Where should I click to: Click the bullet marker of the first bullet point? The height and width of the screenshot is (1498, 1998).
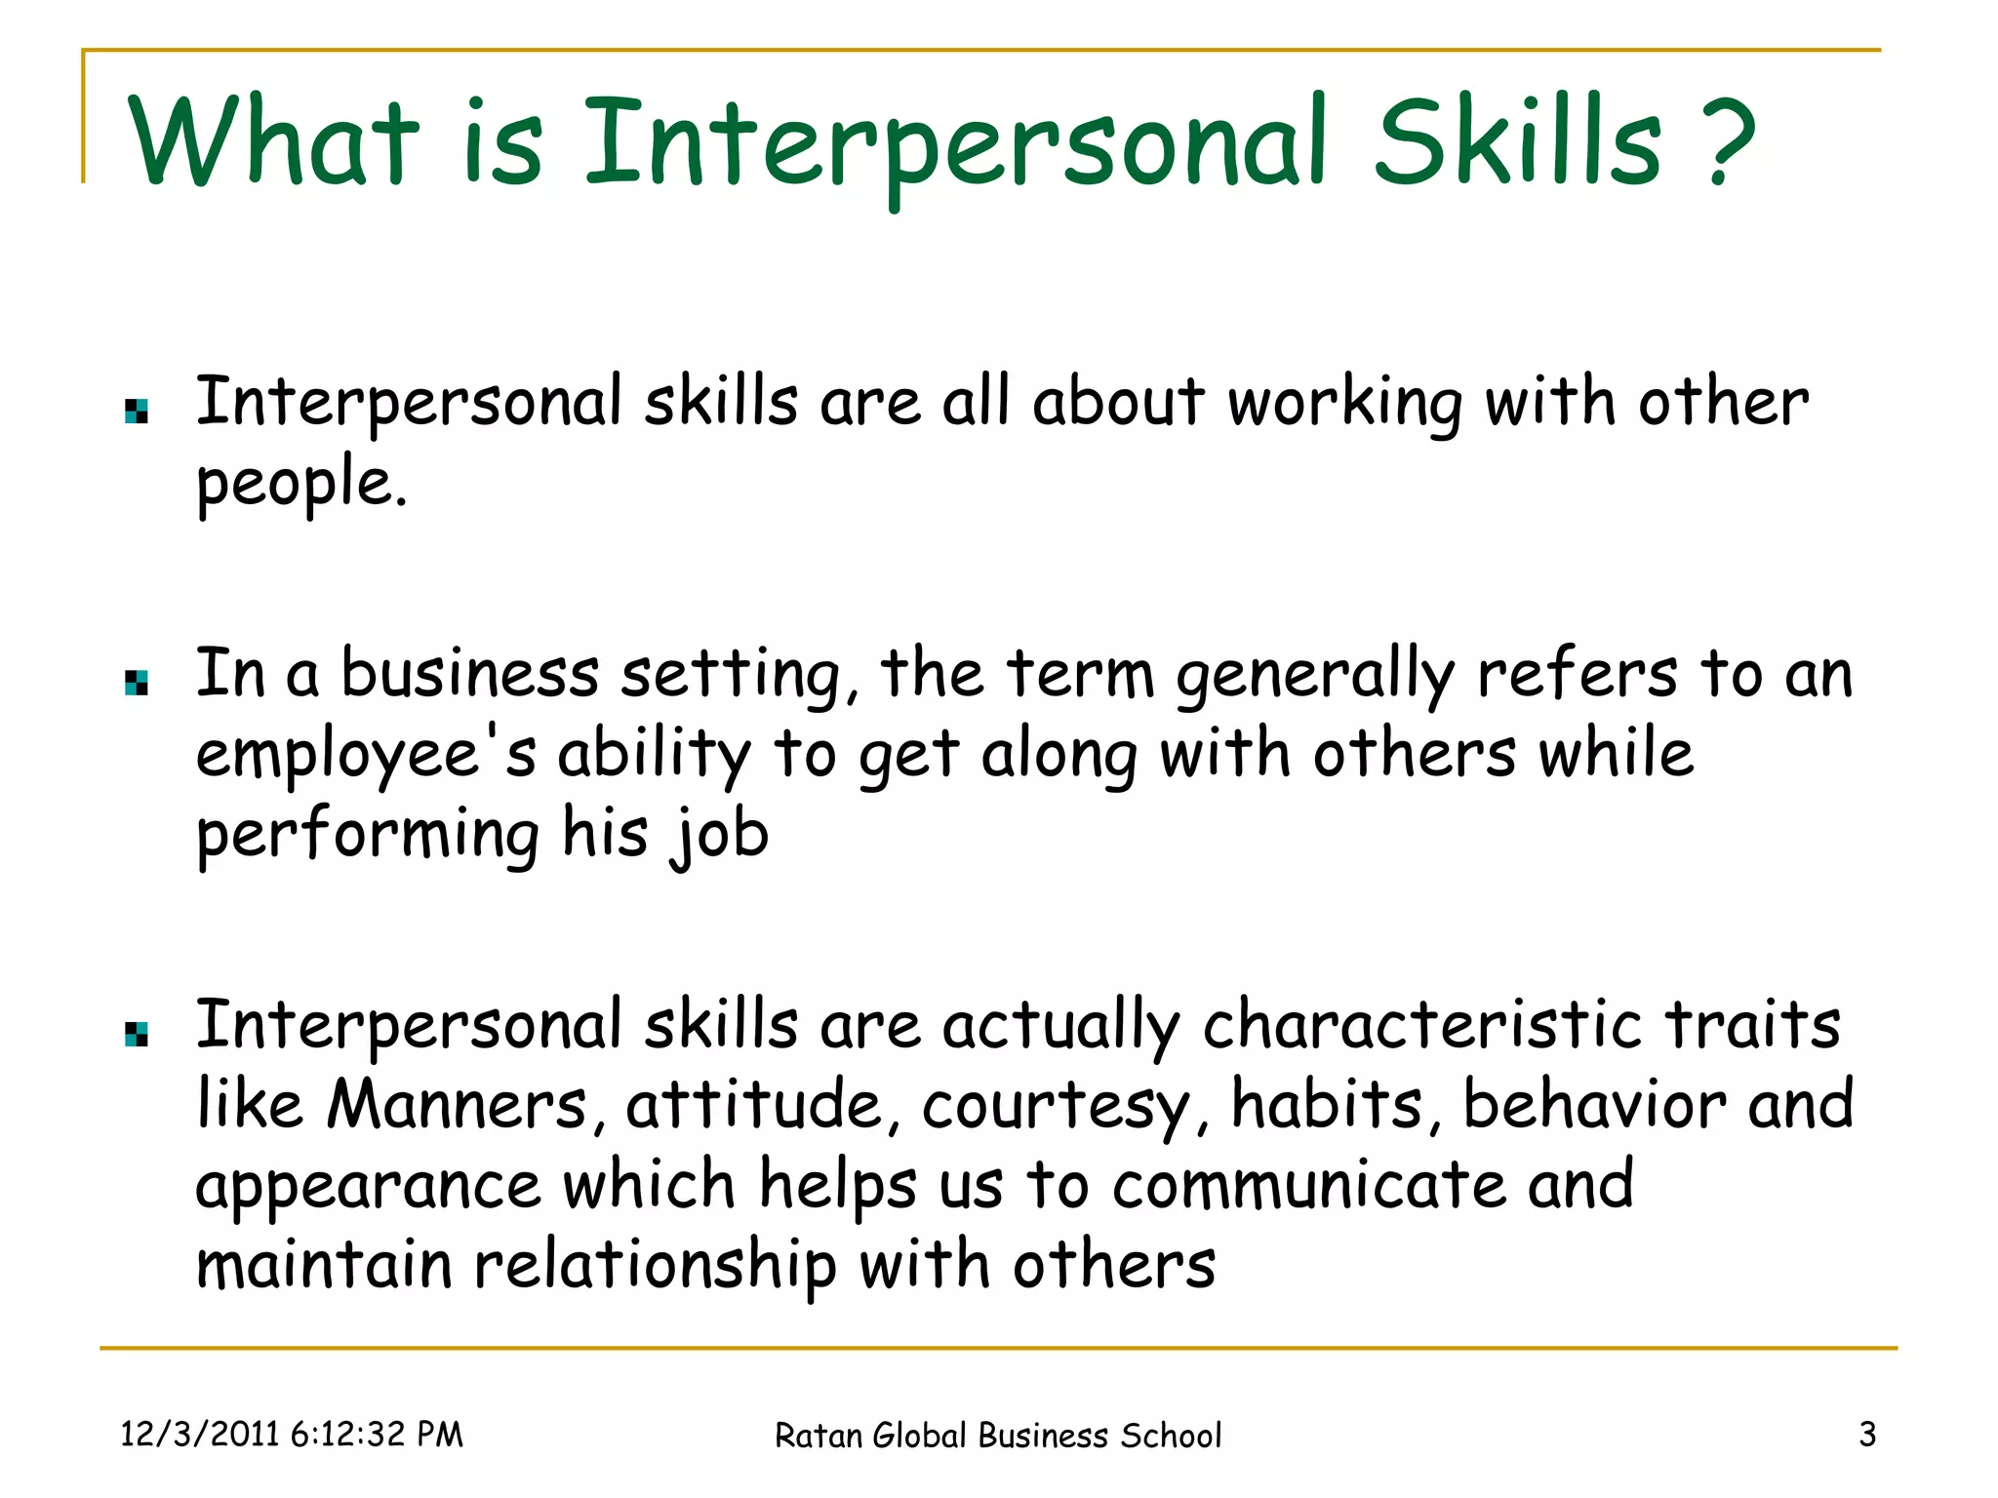[137, 412]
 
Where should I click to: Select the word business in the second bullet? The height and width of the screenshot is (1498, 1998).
[469, 674]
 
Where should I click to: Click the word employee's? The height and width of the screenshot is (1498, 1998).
[366, 756]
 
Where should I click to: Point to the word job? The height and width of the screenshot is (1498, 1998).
[720, 836]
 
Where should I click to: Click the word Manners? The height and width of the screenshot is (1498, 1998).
[457, 1105]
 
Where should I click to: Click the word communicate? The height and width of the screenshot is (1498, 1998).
[1309, 1185]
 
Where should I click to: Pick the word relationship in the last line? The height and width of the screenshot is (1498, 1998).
[655, 1267]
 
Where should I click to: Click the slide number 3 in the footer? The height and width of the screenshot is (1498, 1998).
[1866, 1435]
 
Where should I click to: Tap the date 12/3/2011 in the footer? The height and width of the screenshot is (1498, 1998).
[200, 1435]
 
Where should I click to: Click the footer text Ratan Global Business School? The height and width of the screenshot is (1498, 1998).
[997, 1436]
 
